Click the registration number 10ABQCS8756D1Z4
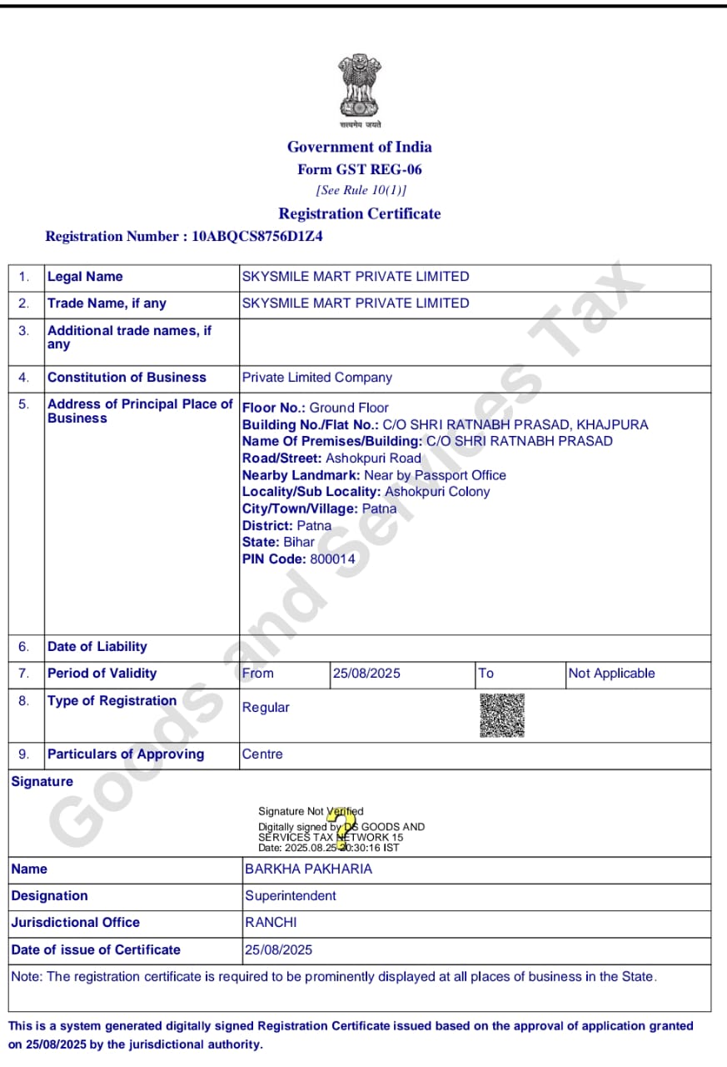pos(257,236)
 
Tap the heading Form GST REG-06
pos(360,169)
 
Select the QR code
pos(502,715)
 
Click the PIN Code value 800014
pos(332,559)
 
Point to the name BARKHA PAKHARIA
pos(308,869)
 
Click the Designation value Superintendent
pos(291,895)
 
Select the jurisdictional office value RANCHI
pos(271,922)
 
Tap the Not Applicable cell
pos(611,673)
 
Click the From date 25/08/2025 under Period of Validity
pos(366,673)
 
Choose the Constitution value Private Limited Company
pos(316,377)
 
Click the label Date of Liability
pos(97,646)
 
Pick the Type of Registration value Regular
pos(266,707)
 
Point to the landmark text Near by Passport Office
pos(435,475)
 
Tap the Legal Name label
pos(85,276)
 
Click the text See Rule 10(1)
pos(361,190)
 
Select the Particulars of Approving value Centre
pos(262,754)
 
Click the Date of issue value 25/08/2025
pos(279,949)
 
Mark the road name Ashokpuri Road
pos(373,458)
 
